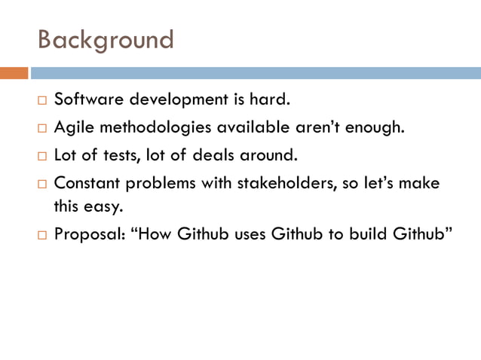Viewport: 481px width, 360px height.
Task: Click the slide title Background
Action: (106, 39)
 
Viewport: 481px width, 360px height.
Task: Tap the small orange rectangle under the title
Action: (14, 73)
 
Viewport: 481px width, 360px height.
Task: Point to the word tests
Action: (126, 156)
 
